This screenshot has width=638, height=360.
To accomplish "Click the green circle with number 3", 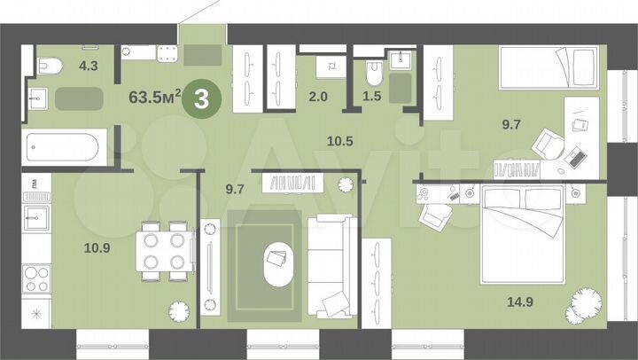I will tap(201, 98).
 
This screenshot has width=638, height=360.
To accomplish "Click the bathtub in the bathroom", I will tap(62, 145).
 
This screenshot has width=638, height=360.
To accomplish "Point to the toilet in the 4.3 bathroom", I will tap(49, 65).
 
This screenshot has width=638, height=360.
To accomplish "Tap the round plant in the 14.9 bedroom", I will tap(587, 302).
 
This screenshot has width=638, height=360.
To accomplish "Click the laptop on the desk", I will tap(574, 159).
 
